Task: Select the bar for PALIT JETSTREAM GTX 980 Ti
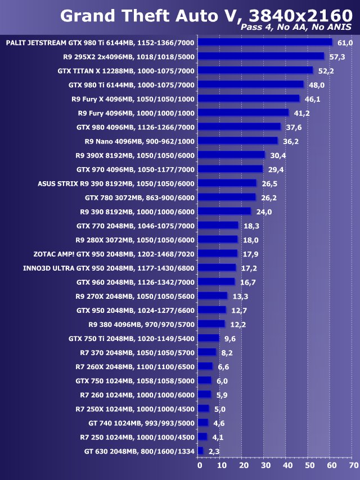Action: (x=265, y=42)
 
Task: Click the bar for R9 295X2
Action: (x=262, y=56)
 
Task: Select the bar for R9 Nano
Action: (x=238, y=141)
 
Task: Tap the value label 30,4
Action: (x=278, y=155)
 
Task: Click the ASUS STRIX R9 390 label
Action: (x=116, y=183)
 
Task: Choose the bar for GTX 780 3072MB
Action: (x=227, y=198)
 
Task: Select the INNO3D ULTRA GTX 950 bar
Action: (x=217, y=268)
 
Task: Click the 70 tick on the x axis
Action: (x=353, y=465)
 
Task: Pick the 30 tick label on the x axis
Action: (x=265, y=465)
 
